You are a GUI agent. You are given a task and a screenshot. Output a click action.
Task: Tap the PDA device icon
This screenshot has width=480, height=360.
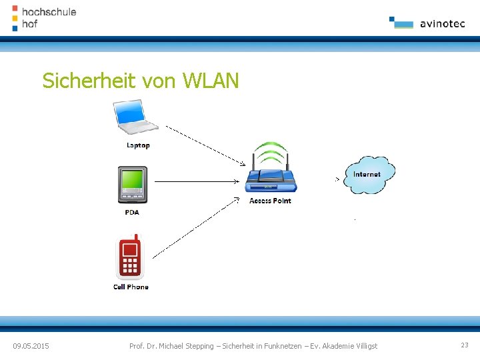pos(132,185)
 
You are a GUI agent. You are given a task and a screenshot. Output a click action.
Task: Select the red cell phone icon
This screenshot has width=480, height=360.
pos(130,257)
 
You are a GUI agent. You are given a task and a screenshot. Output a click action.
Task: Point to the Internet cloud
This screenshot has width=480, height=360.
pos(369,175)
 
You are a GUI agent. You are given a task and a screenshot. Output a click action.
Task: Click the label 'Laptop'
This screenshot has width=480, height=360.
pos(138,145)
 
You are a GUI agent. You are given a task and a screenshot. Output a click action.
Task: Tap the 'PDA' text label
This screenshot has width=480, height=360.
pos(132,212)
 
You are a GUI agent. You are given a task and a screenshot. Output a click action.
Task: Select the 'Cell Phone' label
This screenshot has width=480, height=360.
pos(131,287)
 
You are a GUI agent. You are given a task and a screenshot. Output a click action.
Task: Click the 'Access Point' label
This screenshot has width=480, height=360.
pos(270,201)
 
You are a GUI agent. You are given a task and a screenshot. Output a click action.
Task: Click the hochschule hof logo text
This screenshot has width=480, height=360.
pos(48,18)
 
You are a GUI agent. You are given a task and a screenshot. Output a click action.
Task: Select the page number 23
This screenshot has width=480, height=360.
pos(464,345)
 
